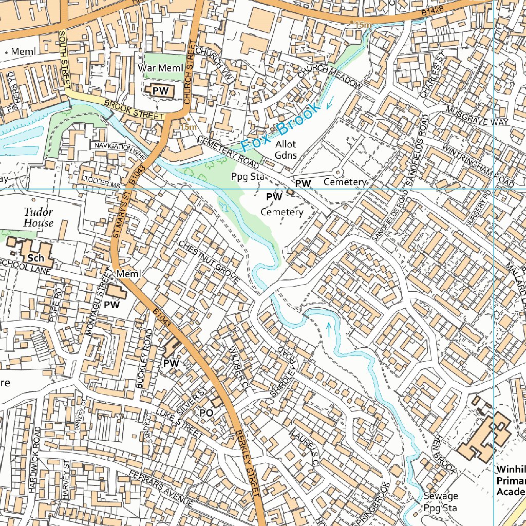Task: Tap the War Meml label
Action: pos(160,68)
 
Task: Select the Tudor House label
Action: pos(38,217)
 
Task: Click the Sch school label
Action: pos(36,258)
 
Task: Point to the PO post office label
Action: pos(206,412)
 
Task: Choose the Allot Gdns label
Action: pos(286,149)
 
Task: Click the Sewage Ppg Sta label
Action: pos(441,502)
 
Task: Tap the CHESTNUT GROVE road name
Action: pos(209,261)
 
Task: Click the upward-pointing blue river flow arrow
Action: pos(329,329)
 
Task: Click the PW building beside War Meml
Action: pos(160,90)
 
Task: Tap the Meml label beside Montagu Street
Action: pos(128,274)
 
